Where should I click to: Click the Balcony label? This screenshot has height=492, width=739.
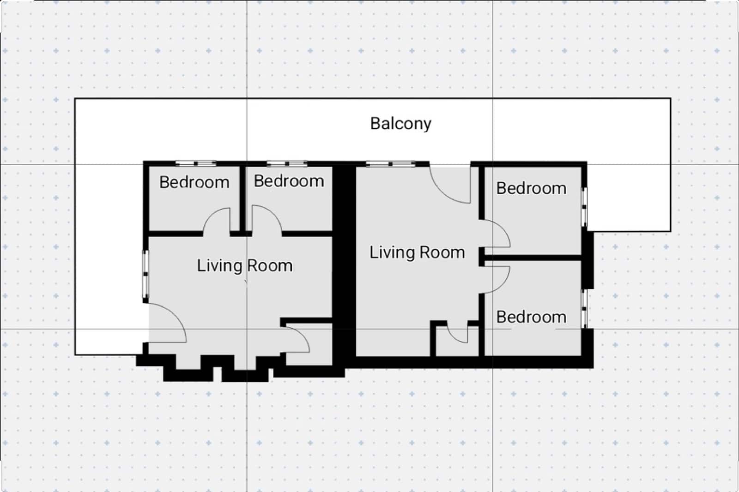coord(400,124)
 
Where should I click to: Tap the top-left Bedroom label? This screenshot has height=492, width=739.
coord(194,182)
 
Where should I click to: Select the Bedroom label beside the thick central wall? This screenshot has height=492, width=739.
coord(289,181)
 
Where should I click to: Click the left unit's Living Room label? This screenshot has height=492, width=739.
coord(244,266)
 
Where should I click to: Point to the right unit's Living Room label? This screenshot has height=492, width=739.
coord(417,252)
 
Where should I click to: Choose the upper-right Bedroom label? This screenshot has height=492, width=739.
coord(531,188)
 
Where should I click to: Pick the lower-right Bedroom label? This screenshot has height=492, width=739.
coord(531,317)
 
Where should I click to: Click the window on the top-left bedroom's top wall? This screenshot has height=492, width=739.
coord(195,163)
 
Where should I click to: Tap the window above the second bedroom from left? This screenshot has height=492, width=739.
coord(287,163)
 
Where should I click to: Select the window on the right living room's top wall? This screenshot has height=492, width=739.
coord(391,163)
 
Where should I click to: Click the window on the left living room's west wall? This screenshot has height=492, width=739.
coord(145,275)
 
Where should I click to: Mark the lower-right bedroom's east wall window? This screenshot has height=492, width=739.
coord(584,308)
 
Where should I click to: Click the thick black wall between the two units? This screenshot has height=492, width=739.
coord(344,258)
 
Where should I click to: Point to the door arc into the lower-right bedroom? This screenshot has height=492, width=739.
coord(497,279)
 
